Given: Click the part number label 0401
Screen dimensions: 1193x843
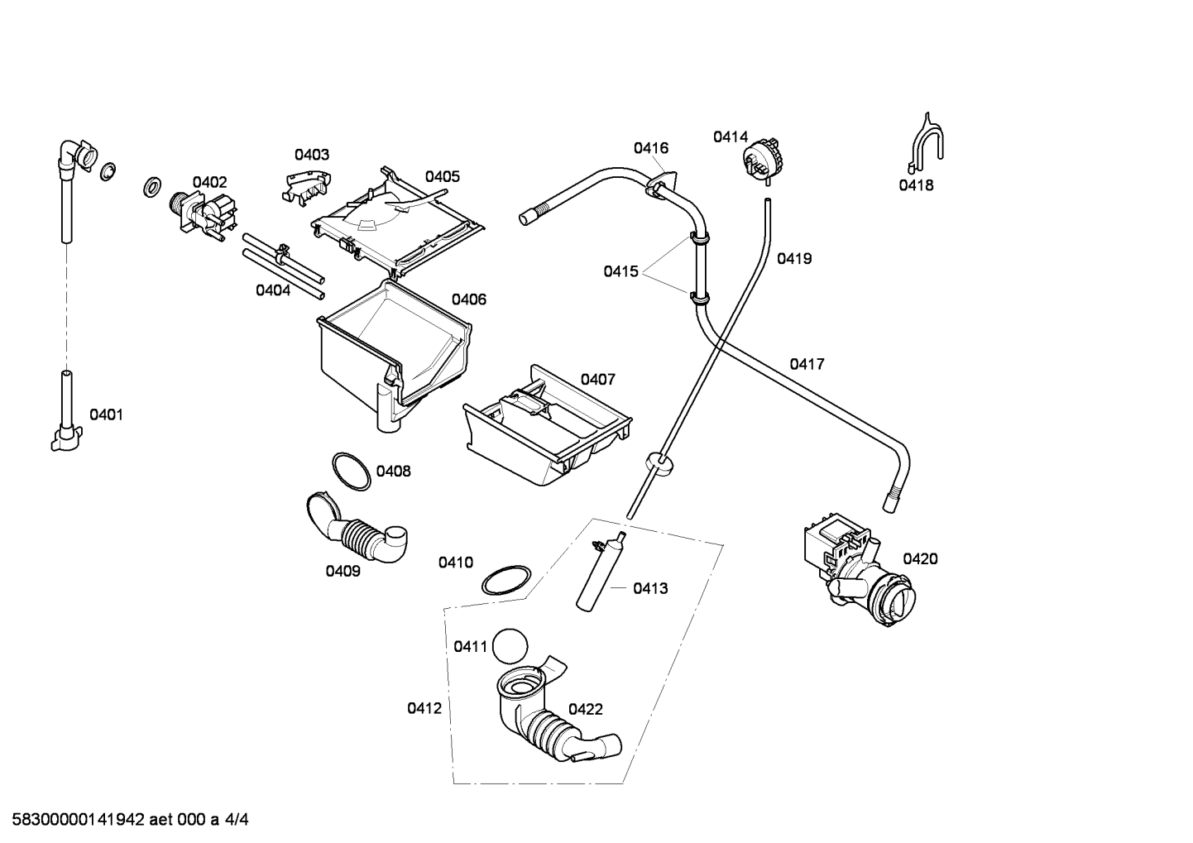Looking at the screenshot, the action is (x=106, y=414).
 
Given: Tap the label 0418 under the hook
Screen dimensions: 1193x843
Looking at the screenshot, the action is (x=916, y=185).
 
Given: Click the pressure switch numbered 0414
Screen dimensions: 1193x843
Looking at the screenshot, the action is (x=762, y=158).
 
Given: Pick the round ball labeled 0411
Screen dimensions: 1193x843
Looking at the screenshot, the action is (x=510, y=646).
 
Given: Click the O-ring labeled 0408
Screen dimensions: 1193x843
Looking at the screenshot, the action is (x=351, y=472).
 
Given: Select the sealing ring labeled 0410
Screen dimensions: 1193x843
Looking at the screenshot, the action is (x=506, y=581).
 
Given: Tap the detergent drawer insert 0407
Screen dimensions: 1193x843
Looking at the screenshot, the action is (x=548, y=425).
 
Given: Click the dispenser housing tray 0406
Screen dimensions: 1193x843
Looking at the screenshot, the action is (x=395, y=354).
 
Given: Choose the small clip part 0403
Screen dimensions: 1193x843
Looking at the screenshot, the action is (x=306, y=189).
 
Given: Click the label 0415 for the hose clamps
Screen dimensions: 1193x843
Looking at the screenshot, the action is (x=620, y=271).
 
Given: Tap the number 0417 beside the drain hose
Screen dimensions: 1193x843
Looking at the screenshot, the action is (x=807, y=364).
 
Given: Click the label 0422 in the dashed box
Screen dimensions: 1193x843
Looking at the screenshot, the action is (x=585, y=709).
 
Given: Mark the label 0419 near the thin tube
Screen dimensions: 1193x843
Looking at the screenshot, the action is (x=794, y=259).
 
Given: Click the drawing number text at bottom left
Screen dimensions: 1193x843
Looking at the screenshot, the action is (x=130, y=820).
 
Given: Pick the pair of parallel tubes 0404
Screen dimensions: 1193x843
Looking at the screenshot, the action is (x=283, y=266).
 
